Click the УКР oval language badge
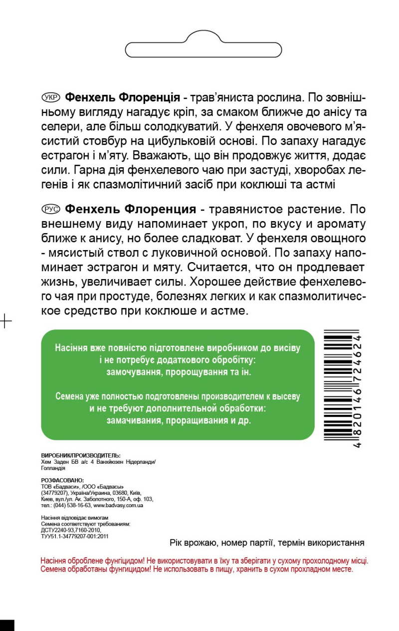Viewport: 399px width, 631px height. (51, 96)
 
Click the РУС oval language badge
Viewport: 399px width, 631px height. (51, 208)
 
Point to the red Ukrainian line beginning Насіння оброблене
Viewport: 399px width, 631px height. (204, 561)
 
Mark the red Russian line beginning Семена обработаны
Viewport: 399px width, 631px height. (197, 569)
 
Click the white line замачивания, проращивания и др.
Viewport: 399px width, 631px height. (179, 420)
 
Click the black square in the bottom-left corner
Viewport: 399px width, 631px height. (7, 625)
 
